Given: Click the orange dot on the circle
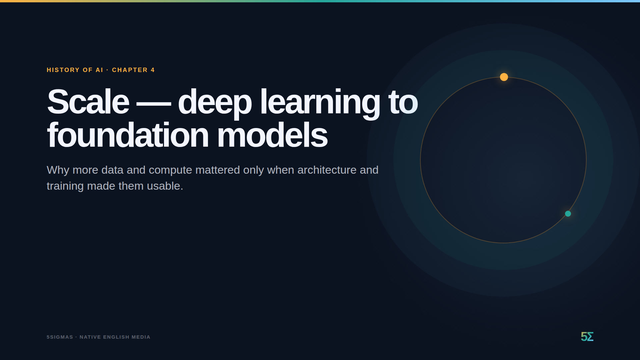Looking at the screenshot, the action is point(504,77).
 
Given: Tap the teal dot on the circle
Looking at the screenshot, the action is point(568,214).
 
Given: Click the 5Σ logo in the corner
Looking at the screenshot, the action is point(587,337).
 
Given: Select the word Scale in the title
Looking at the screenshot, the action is point(88,102).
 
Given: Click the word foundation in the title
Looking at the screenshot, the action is point(128,135).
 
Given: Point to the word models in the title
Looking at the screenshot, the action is point(272,135).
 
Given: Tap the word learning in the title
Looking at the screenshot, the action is point(320,103).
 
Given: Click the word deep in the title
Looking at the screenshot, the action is point(215,103).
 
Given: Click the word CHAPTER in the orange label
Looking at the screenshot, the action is point(130,70).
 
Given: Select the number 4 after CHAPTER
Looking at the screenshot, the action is point(153,70).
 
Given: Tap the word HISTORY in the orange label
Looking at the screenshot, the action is point(63,70).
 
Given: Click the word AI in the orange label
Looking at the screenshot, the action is point(99,70).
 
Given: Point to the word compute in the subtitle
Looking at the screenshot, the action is point(170,170).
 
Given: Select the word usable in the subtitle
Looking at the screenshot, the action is point(165,186).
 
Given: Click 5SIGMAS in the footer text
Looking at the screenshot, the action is point(60,337).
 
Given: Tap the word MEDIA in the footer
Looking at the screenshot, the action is point(141,337).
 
